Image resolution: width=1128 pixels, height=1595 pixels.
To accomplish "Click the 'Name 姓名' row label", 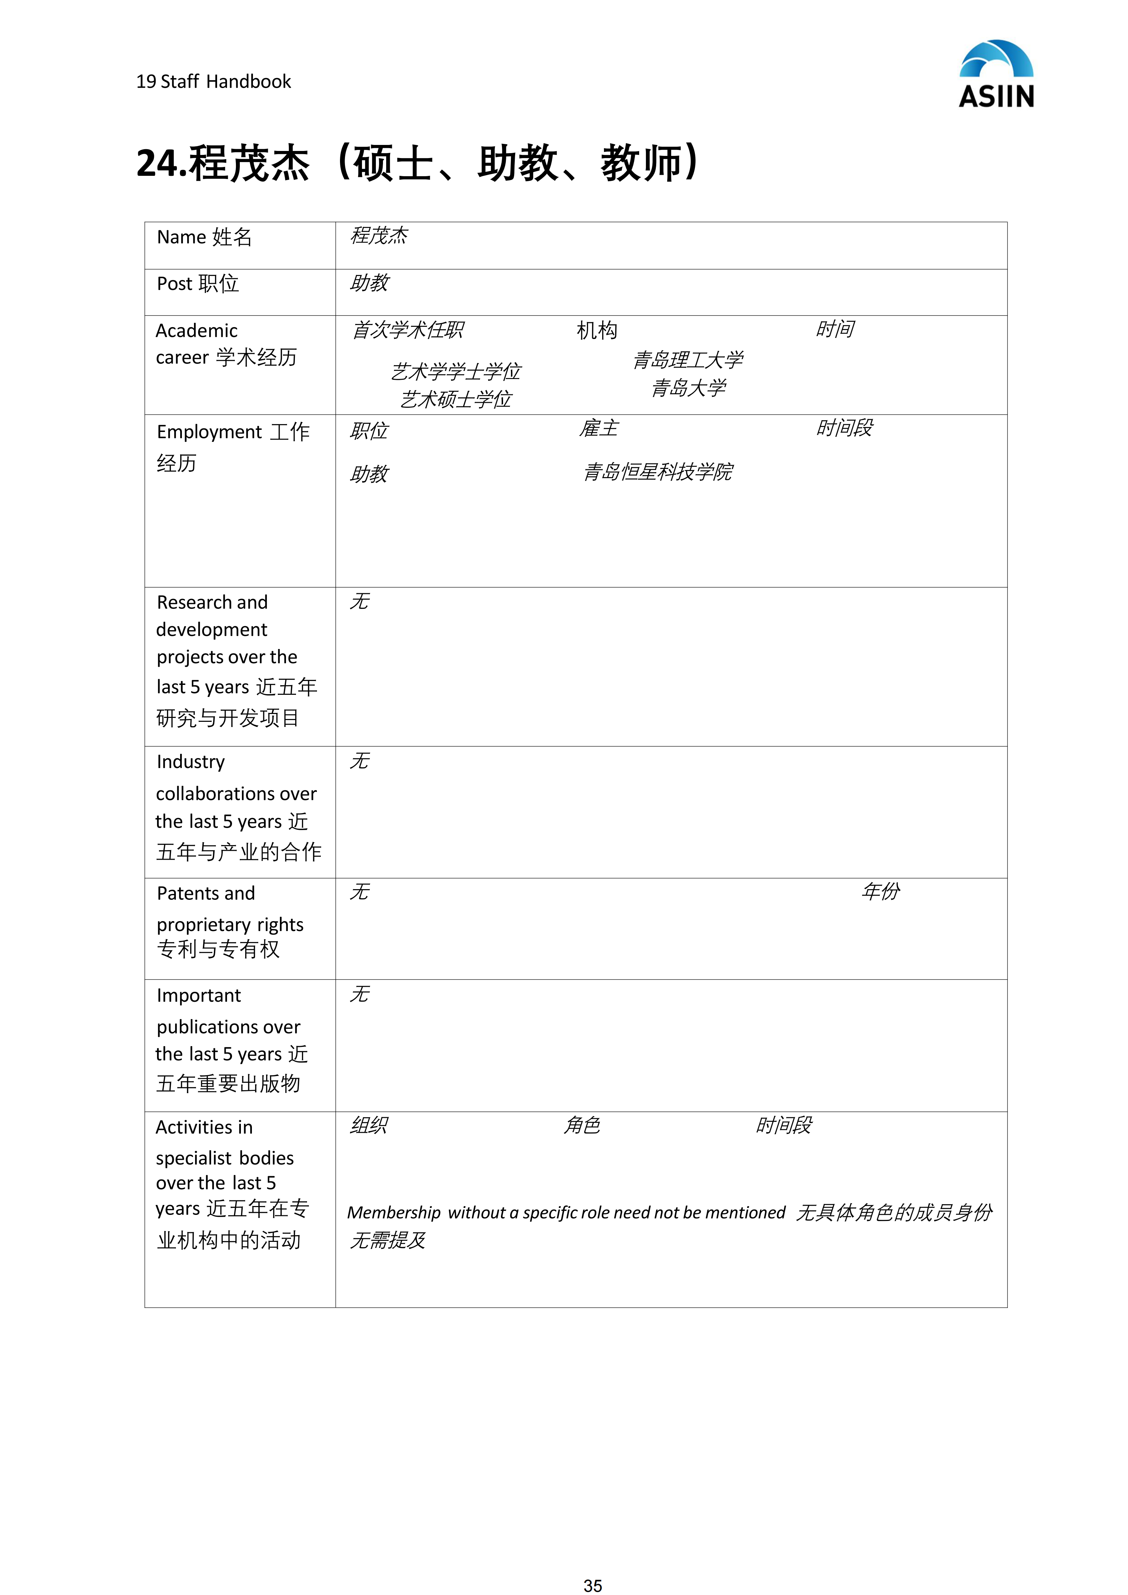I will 204,238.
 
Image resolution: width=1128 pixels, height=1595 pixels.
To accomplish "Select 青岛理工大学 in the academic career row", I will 687,360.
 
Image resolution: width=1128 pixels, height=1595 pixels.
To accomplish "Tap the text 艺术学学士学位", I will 456,372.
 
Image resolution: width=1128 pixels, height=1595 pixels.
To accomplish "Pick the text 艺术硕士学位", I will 456,399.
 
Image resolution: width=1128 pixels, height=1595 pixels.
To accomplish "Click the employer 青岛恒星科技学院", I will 658,472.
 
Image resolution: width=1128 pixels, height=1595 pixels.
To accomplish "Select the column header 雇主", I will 599,429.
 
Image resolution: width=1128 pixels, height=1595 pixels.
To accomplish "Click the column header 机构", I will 597,331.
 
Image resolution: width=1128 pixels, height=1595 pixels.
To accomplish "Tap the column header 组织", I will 369,1125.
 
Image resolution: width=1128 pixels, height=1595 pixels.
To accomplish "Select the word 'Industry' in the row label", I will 191,762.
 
